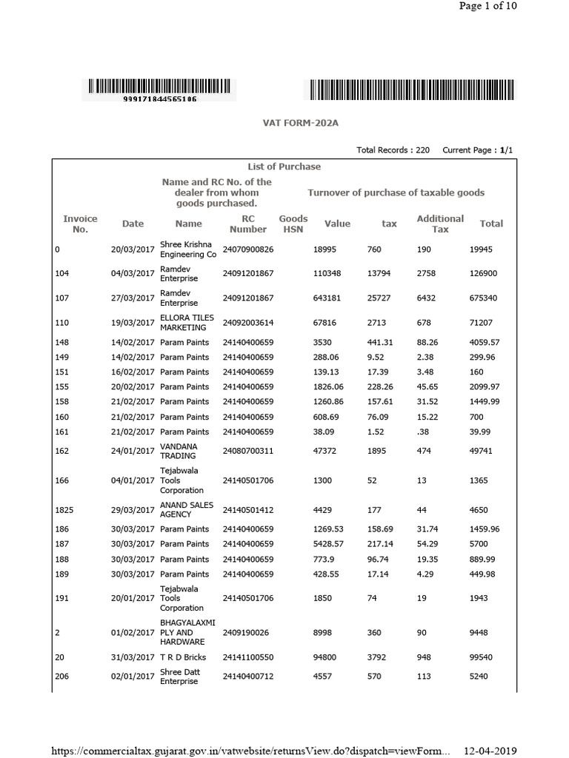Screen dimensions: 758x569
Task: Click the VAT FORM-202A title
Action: click(x=284, y=123)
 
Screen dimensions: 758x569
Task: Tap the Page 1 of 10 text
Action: click(x=488, y=6)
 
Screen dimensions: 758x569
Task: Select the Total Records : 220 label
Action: click(x=393, y=150)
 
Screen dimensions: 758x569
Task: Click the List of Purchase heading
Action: click(x=284, y=167)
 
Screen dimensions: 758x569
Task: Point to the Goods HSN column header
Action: click(x=293, y=224)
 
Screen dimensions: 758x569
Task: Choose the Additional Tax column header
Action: click(x=440, y=224)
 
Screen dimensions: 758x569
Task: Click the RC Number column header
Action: click(x=247, y=224)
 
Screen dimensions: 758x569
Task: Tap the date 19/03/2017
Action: click(x=133, y=323)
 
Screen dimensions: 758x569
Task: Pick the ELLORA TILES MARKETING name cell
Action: click(x=186, y=323)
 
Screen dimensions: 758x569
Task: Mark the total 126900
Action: click(x=485, y=274)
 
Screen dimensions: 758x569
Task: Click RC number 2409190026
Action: click(x=244, y=633)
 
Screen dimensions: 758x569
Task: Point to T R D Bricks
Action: click(x=183, y=657)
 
